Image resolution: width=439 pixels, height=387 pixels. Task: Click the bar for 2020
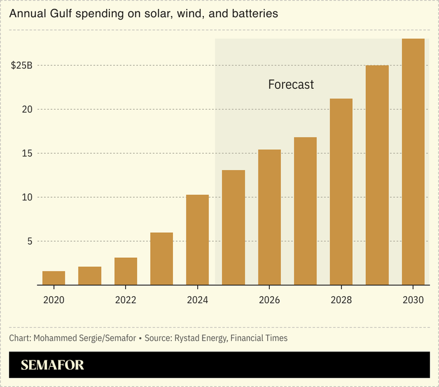coord(54,278)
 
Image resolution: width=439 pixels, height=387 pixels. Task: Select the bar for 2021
coord(90,276)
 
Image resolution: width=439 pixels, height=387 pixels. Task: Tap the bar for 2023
coord(162,258)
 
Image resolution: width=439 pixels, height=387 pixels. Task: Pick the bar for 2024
coord(197,239)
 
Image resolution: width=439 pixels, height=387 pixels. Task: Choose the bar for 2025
coord(233,228)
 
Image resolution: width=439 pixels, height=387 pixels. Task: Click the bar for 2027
coord(305,211)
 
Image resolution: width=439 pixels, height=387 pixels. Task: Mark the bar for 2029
coord(377,175)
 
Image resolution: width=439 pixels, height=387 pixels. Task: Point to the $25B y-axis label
coord(21,65)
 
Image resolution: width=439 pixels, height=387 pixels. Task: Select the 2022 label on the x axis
coord(125,300)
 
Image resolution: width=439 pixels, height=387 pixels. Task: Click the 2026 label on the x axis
coord(269,300)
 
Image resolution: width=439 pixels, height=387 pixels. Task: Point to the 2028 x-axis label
coord(341,300)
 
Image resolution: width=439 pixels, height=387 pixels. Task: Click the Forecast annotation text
coord(290,85)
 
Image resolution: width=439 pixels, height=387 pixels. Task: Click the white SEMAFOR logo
coord(52,365)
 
